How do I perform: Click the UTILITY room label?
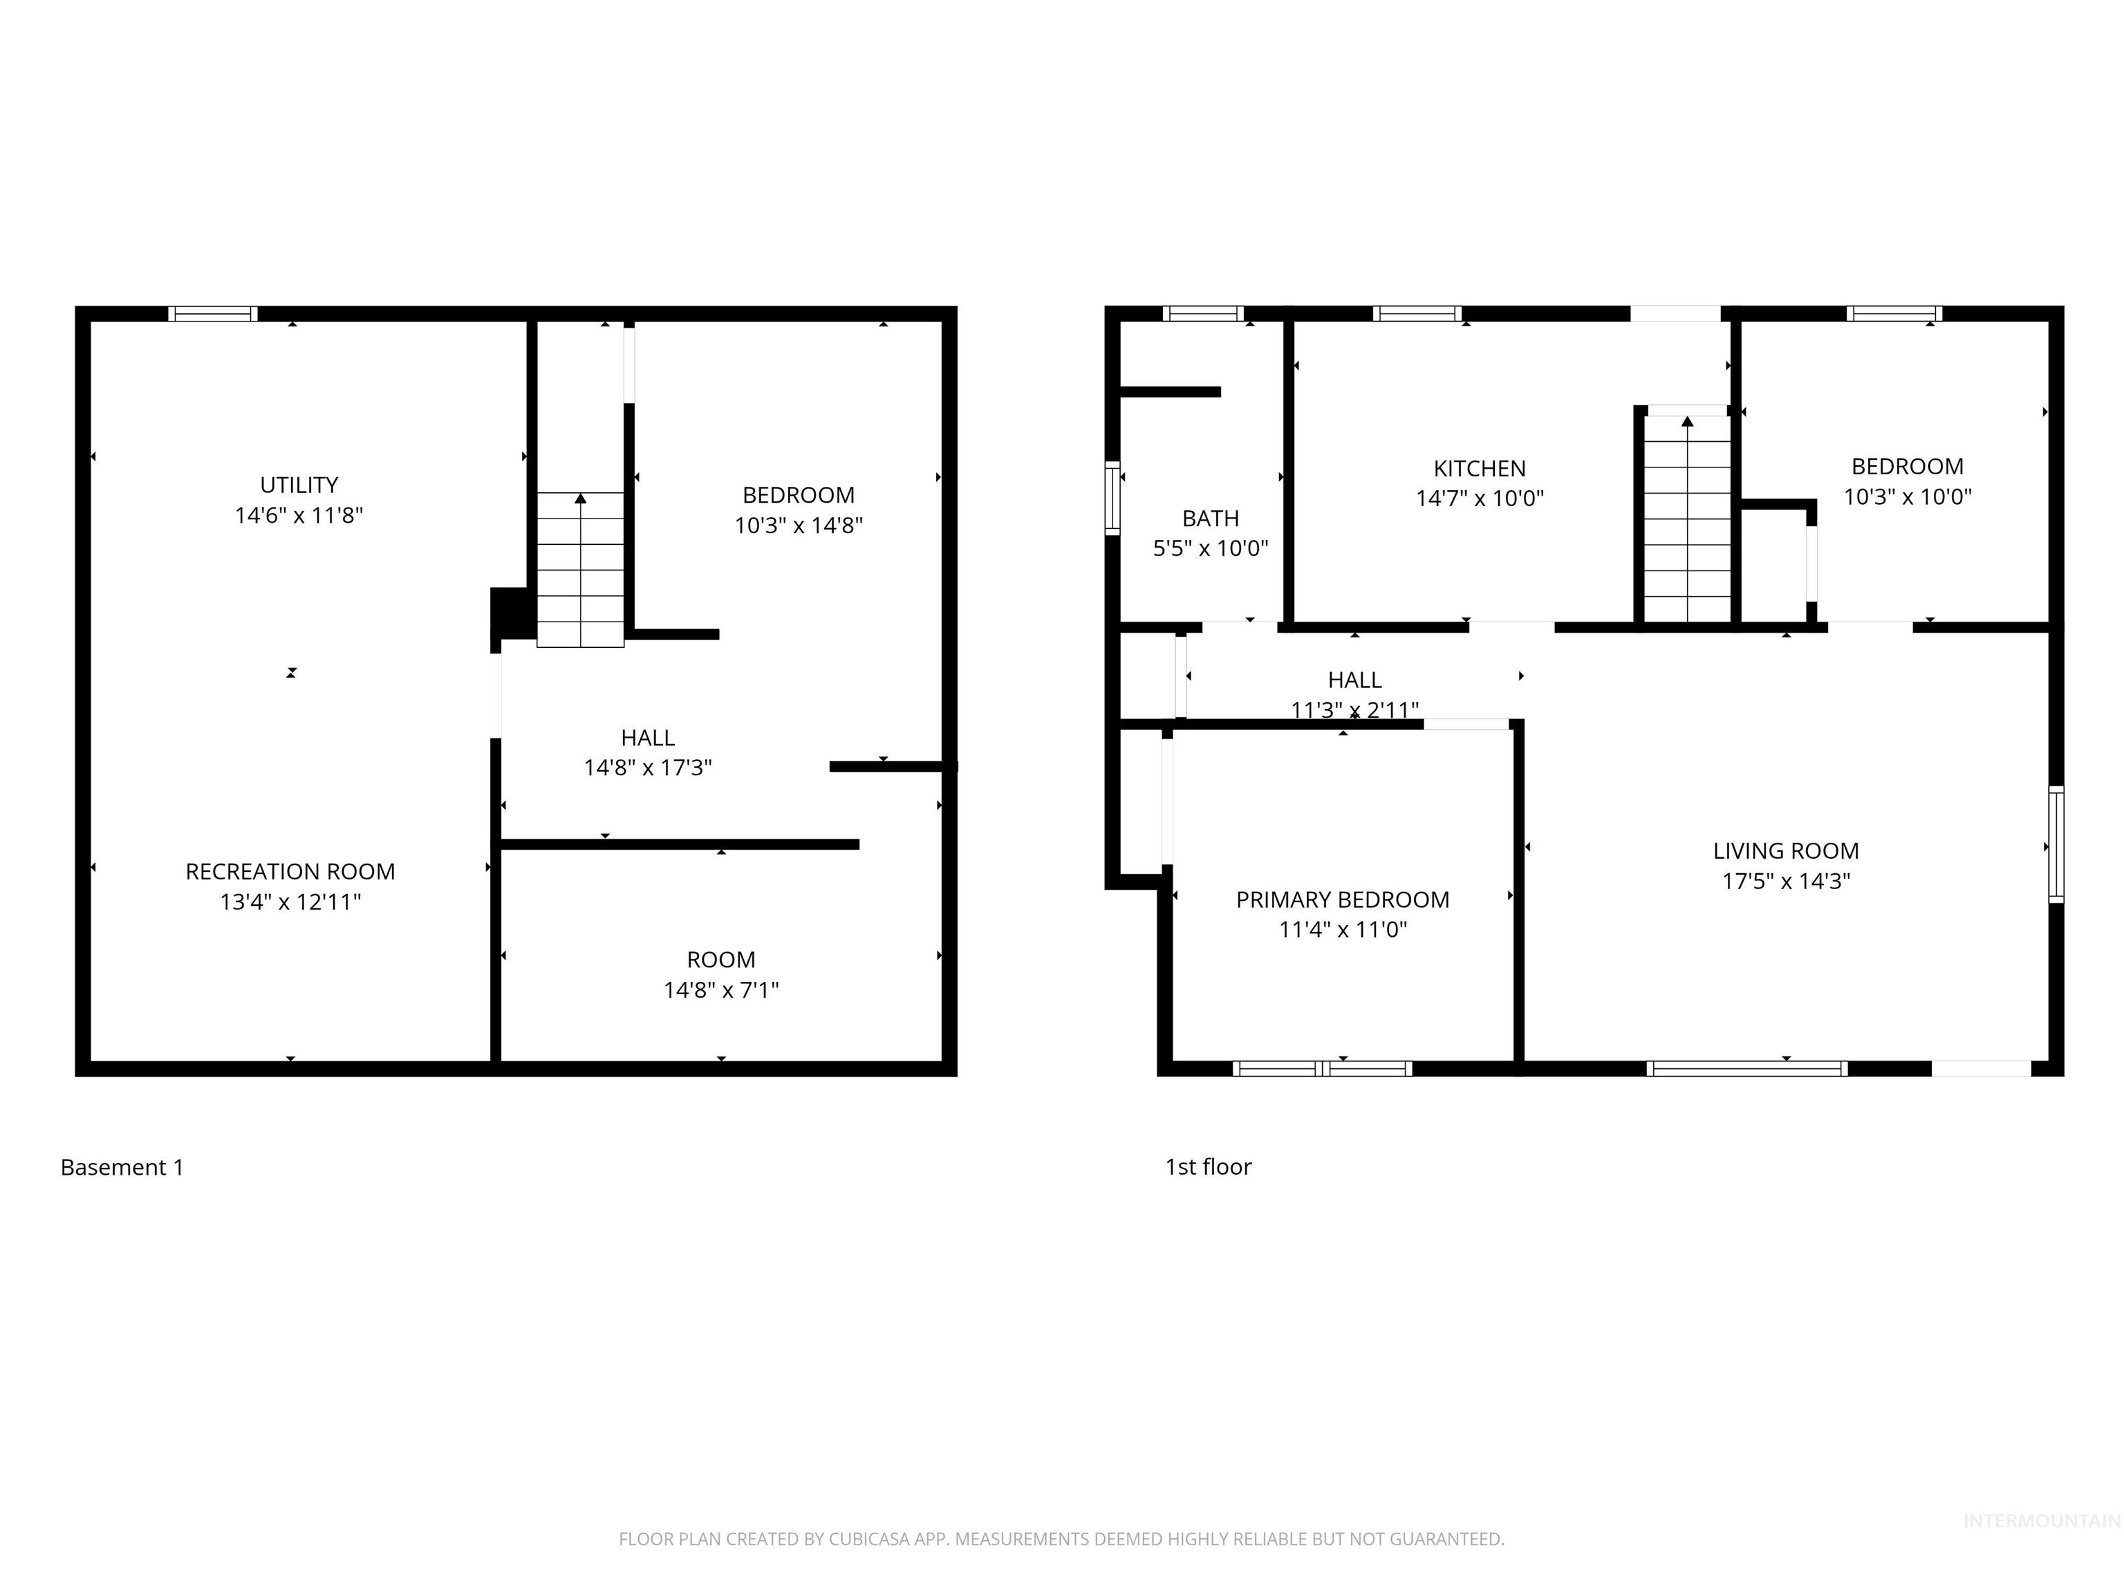[299, 485]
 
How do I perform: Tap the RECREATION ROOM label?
[290, 872]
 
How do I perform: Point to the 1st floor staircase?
[1687, 519]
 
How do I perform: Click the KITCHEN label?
[1480, 469]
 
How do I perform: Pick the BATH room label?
[1211, 519]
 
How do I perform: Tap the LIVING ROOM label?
[1786, 850]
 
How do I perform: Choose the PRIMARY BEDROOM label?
[1343, 900]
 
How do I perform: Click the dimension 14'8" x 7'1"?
[721, 989]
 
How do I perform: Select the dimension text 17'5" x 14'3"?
[1786, 881]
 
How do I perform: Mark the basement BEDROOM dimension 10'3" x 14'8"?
[799, 525]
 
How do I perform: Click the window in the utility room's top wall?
[213, 314]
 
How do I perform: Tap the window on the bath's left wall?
[1113, 497]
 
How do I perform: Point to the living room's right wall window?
[2056, 844]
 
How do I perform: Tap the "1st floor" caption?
[1208, 1166]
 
